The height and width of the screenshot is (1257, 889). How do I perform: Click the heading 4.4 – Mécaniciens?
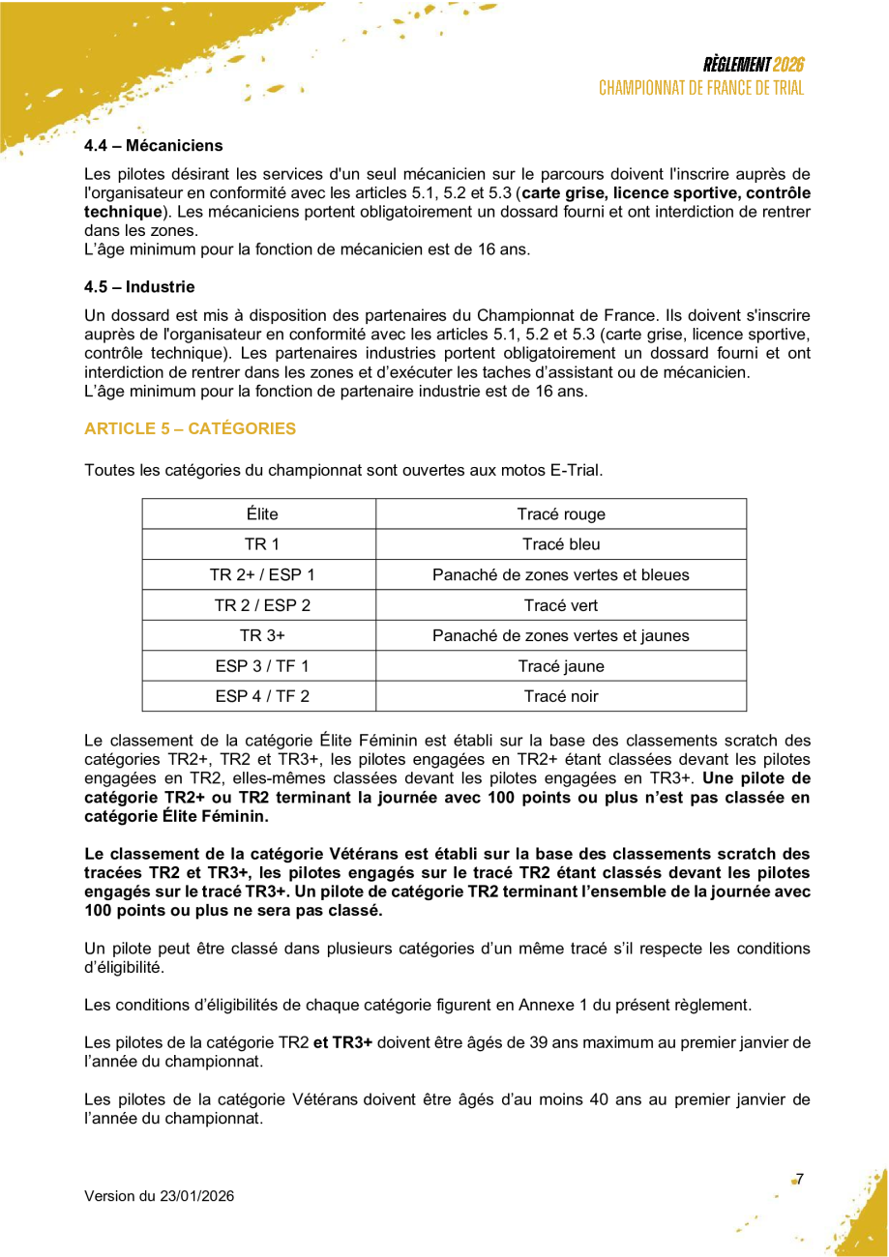point(154,146)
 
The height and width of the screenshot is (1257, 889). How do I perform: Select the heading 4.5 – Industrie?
point(139,287)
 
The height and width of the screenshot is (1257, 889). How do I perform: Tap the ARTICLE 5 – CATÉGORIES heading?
point(191,428)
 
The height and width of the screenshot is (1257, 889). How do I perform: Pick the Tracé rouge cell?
point(561,514)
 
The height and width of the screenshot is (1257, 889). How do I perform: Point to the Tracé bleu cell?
point(561,544)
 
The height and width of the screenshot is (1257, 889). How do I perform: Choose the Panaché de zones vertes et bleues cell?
point(561,575)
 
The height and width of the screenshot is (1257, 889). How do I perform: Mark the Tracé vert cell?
point(561,606)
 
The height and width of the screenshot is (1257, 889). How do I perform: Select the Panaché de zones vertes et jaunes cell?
point(561,636)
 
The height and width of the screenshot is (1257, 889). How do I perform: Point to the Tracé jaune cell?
point(561,666)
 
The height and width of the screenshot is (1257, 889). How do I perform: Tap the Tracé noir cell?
point(561,696)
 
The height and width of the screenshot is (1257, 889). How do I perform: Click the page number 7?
point(800,1179)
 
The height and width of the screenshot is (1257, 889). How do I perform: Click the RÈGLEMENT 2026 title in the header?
point(754,65)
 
